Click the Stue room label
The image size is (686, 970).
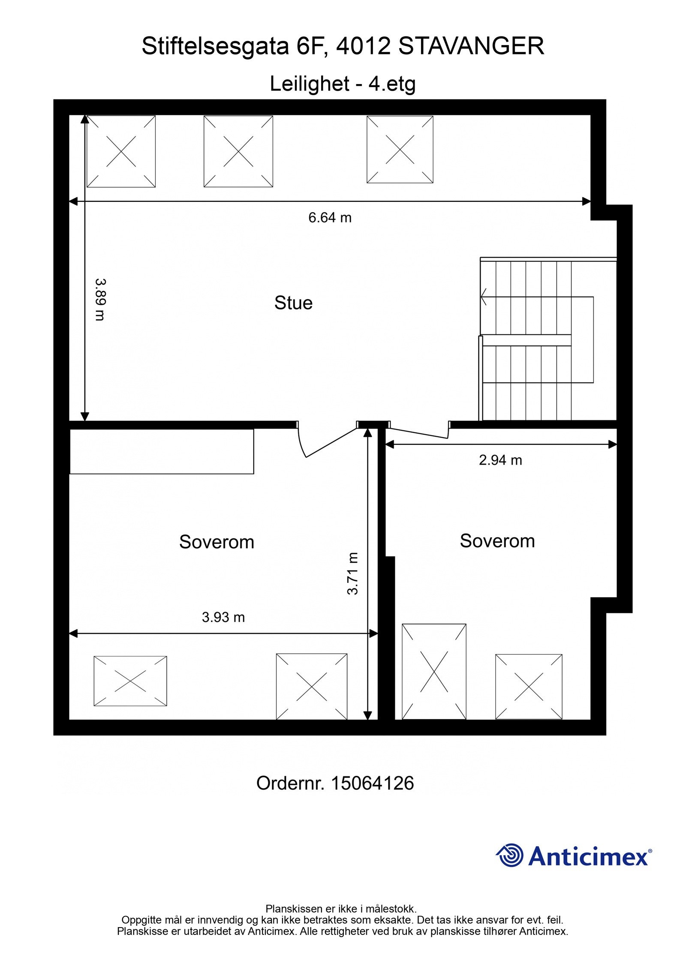point(293,303)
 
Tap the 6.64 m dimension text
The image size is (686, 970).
point(330,218)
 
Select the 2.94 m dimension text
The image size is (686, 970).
point(500,460)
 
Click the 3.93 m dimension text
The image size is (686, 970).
point(223,617)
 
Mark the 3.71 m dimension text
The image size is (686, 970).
point(352,574)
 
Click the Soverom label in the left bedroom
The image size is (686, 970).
point(217,542)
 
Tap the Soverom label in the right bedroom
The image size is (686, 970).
point(497,541)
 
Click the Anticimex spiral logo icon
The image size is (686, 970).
point(510,856)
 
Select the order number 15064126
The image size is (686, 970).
point(372,783)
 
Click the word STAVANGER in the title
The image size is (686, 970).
point(471,46)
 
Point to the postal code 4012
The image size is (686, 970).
point(364,46)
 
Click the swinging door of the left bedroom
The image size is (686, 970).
point(330,442)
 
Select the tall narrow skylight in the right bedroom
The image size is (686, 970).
point(433,671)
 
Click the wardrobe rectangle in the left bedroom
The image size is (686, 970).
point(162,451)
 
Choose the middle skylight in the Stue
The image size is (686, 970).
point(238,151)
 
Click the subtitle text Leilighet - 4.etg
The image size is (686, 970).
point(343,84)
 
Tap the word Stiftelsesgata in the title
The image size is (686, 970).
point(215,46)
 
